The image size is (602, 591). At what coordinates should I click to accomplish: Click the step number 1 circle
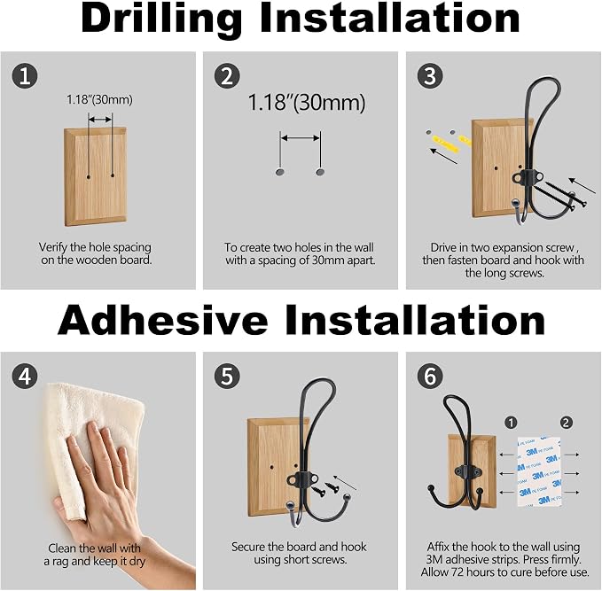point(25,75)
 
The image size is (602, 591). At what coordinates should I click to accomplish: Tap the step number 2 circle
point(227,75)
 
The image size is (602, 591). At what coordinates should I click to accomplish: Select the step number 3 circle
point(430,75)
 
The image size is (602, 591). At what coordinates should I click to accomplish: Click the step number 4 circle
point(25,376)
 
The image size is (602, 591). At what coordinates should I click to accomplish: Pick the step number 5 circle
point(227,376)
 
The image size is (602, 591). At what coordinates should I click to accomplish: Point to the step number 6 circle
point(430,376)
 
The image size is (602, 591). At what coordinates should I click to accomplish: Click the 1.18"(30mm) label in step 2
point(307,103)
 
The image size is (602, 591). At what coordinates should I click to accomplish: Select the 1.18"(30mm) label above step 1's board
point(99,100)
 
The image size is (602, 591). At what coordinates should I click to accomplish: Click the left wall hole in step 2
point(280,172)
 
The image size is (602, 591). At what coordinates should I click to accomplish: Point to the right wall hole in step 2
point(320,172)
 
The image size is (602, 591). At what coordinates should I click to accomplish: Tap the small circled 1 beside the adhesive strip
point(511,423)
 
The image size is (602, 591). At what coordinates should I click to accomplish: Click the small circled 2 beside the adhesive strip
point(566,423)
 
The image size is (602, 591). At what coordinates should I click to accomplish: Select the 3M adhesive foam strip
point(539,471)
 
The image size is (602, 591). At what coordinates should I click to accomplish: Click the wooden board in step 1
point(95,176)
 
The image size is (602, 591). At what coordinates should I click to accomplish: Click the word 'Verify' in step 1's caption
point(53,247)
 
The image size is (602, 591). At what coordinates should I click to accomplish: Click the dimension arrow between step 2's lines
point(301,138)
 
